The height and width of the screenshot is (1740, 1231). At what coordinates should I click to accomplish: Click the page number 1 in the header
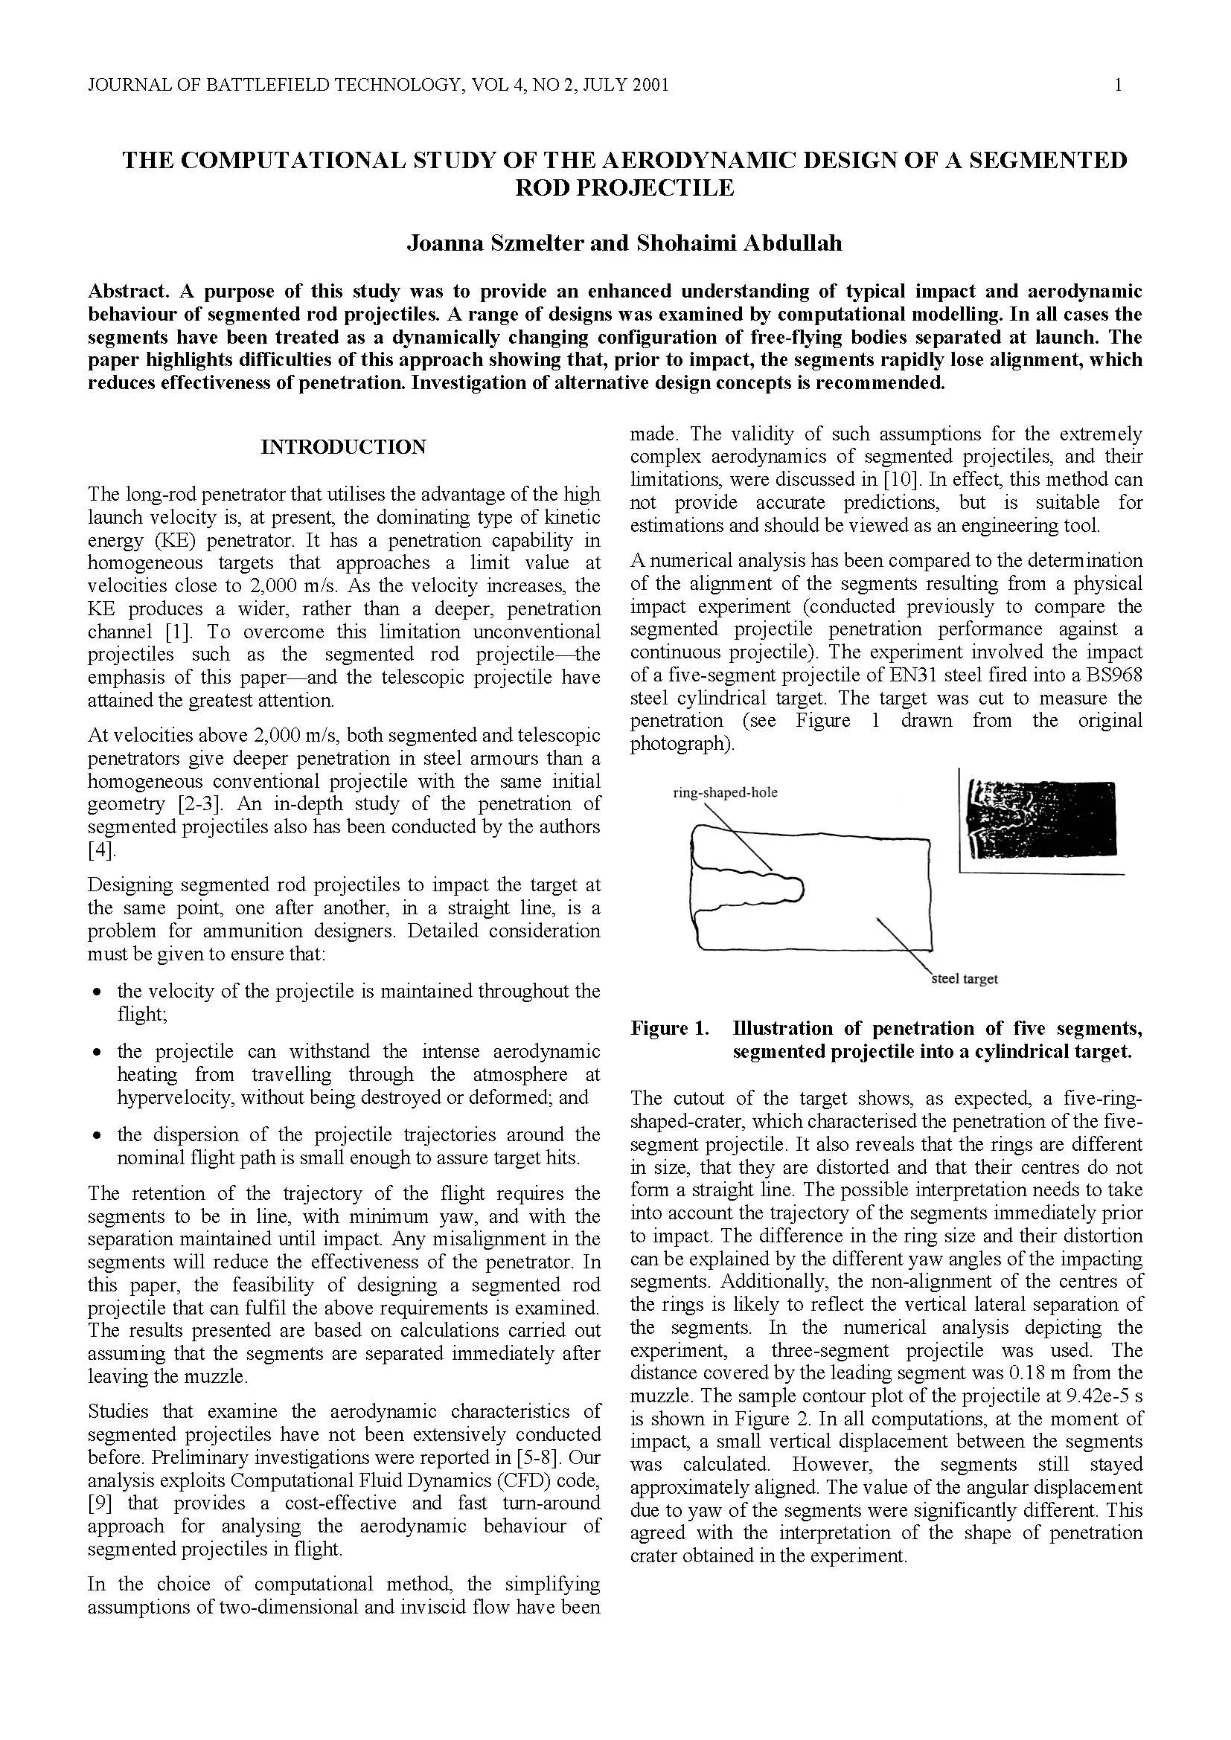tap(1117, 86)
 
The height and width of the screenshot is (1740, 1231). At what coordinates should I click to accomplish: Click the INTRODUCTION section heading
tap(343, 447)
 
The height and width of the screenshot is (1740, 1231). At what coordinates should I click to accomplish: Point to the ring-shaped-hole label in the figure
tap(725, 794)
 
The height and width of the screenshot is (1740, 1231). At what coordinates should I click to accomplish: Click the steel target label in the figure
tap(964, 978)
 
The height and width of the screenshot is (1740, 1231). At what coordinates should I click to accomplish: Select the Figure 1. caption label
tap(670, 1028)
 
